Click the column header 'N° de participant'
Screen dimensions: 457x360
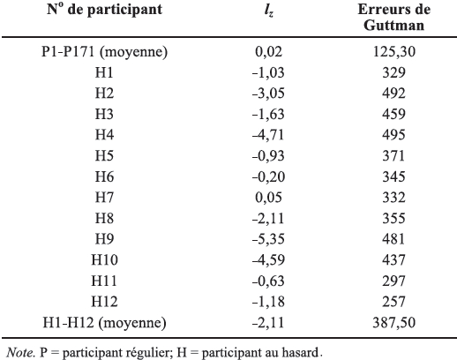point(104,10)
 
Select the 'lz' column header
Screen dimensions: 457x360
point(269,11)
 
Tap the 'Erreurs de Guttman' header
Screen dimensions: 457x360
point(393,17)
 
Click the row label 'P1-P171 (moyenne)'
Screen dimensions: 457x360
point(104,53)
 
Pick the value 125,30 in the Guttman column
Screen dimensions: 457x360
point(393,52)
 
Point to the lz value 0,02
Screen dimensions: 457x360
point(268,52)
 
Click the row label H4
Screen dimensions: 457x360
point(104,135)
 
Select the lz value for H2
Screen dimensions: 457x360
point(268,94)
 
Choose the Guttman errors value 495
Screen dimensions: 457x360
point(393,135)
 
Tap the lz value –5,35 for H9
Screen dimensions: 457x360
point(268,239)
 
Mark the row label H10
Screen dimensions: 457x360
point(104,259)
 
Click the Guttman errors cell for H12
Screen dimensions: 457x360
point(393,302)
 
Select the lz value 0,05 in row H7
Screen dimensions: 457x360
point(268,198)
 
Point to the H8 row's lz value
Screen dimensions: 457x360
point(268,218)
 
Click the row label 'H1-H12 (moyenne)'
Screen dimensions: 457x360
point(104,323)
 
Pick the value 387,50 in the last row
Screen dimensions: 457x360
point(393,323)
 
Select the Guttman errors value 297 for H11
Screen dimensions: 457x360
point(393,281)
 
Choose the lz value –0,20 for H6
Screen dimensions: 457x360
point(268,176)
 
